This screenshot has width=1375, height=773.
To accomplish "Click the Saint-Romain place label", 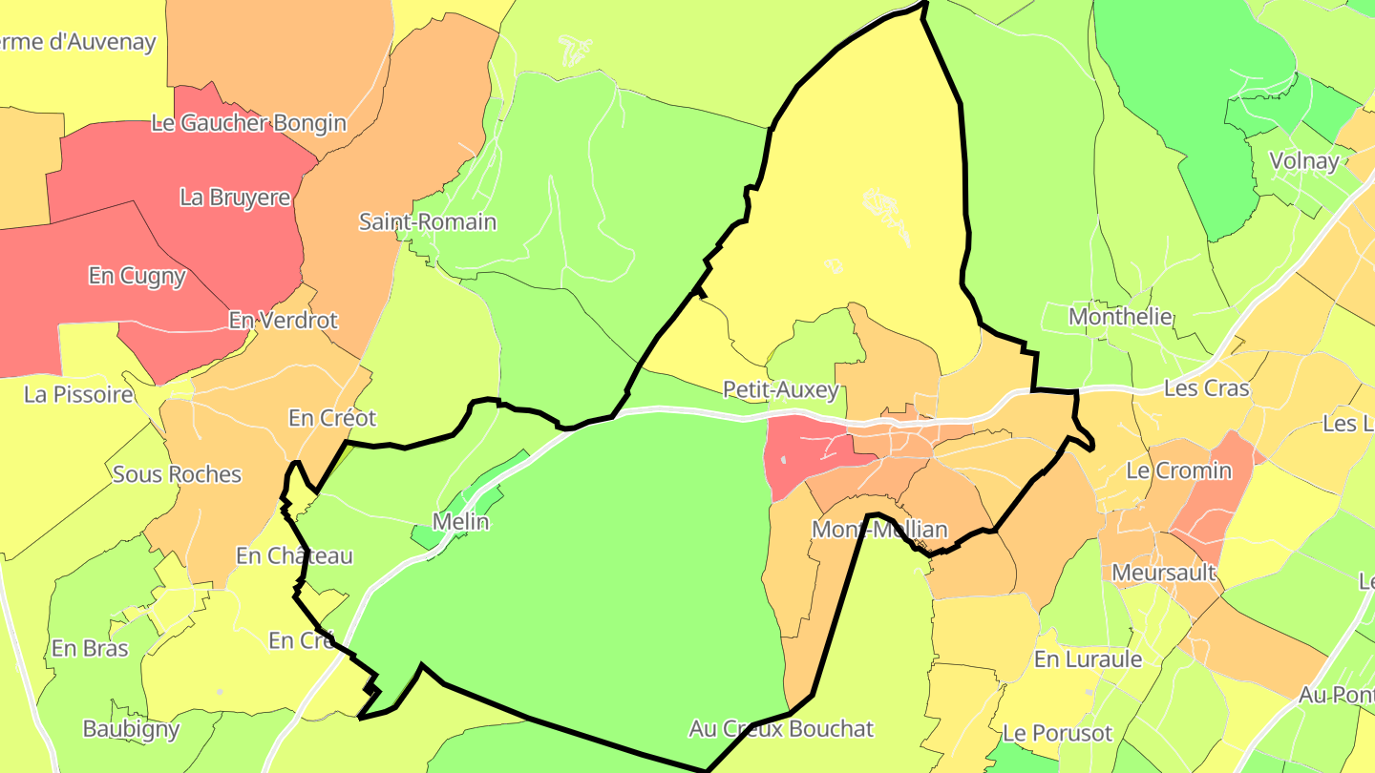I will tap(427, 222).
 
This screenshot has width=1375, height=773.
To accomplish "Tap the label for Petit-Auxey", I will tap(780, 389).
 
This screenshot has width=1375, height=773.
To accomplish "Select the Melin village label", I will tap(460, 522).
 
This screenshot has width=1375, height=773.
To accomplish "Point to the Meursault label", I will tap(1164, 573).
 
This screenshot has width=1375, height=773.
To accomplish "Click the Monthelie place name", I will tap(1120, 316).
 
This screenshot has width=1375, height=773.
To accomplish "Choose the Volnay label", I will tap(1304, 161).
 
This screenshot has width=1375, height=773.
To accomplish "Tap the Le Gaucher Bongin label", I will tap(248, 123).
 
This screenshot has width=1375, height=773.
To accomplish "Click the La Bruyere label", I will tap(235, 198).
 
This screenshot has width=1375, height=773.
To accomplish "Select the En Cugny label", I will tap(137, 276).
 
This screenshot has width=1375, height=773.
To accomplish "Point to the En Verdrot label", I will tap(283, 320).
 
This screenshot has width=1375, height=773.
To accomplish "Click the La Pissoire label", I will tap(78, 394).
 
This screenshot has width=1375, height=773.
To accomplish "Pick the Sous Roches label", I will tap(177, 474).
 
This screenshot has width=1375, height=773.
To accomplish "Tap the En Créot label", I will tap(332, 418).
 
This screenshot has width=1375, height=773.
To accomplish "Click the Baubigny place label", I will tap(131, 729).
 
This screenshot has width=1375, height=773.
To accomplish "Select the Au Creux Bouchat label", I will tap(781, 729).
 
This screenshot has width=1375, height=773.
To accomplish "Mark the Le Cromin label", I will tap(1178, 470).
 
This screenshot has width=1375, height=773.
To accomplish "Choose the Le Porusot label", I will tap(1057, 733).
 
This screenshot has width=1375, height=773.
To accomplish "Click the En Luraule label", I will tap(1088, 659).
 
